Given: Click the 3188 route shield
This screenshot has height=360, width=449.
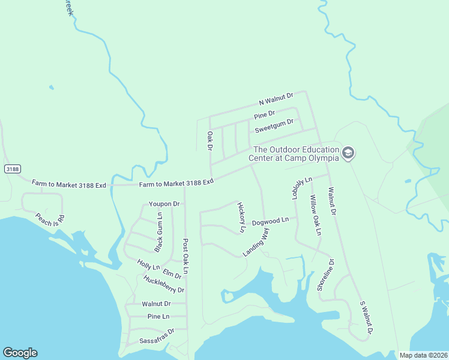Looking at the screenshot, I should [12, 169].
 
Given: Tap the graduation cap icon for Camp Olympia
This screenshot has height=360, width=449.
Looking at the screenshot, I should [348, 154].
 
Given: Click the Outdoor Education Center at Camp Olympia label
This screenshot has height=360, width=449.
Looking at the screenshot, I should [297, 154].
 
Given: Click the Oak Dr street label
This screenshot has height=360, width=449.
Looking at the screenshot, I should [210, 141].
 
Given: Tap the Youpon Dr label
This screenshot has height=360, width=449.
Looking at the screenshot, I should [164, 204].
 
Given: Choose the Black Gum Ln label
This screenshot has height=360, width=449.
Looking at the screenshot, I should [158, 232].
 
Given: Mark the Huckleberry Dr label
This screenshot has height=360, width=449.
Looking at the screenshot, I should [164, 284].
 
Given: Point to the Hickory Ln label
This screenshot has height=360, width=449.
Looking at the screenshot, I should [242, 217].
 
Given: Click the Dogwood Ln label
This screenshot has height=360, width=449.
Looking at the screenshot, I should [270, 221].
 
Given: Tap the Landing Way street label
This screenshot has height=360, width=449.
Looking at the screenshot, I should [256, 243].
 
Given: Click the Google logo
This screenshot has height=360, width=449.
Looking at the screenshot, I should [20, 353].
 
